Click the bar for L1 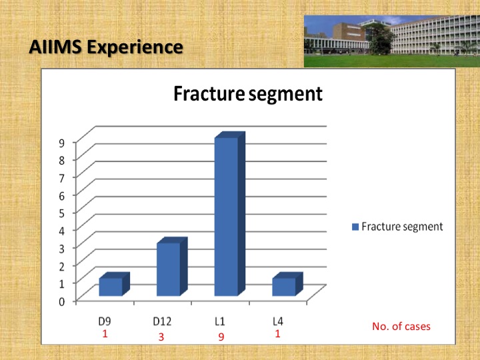tap(230, 214)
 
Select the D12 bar tap(172, 266)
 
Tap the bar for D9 tap(115, 284)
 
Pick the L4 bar tap(288, 284)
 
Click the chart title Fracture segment tap(248, 94)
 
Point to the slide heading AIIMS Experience tap(106, 47)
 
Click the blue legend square tap(355, 227)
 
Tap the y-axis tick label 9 tap(62, 143)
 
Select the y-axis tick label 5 tap(62, 213)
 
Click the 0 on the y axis tap(62, 301)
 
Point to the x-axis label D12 tap(162, 321)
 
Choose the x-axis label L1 tap(220, 321)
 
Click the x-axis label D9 tap(105, 321)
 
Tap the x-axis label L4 tap(277, 321)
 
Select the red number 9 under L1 tap(221, 337)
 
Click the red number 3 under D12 tap(161, 337)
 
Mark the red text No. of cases tap(401, 326)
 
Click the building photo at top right tap(392, 41)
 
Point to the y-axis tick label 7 tap(62, 178)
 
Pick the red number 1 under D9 tap(105, 334)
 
